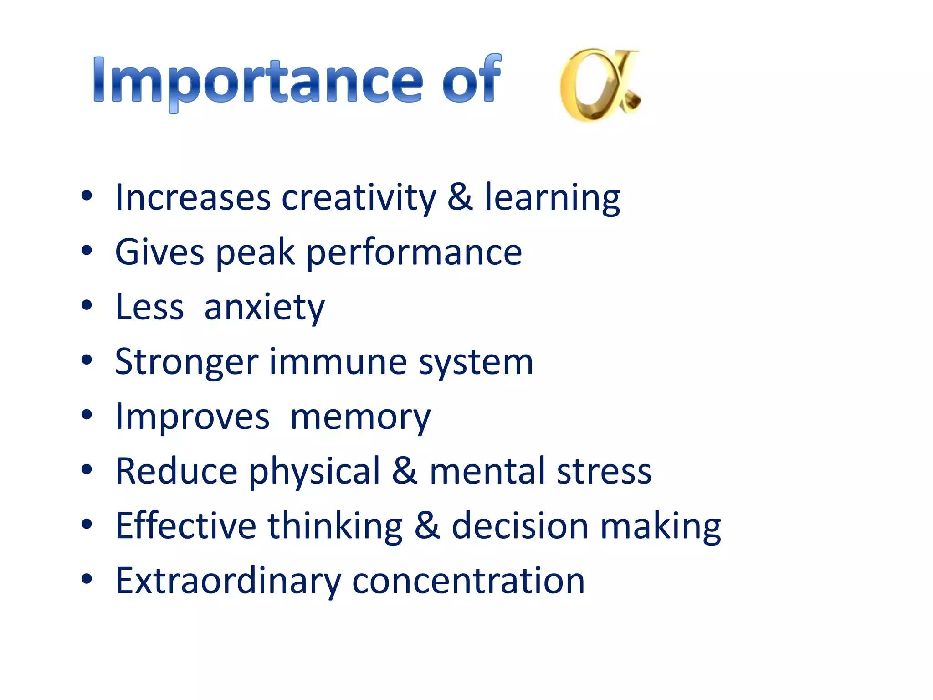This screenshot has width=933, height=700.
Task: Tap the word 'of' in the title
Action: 472,80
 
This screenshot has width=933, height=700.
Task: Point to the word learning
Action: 552,198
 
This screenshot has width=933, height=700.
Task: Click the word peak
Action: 255,253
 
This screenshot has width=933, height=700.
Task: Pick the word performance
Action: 414,253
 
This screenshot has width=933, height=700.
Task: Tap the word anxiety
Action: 264,308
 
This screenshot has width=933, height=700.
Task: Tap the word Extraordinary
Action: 228,581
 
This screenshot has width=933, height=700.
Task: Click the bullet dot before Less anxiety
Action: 87,305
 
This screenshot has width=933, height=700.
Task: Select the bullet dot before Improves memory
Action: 87,415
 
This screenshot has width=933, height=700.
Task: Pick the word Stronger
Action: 187,362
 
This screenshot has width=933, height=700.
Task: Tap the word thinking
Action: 335,526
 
